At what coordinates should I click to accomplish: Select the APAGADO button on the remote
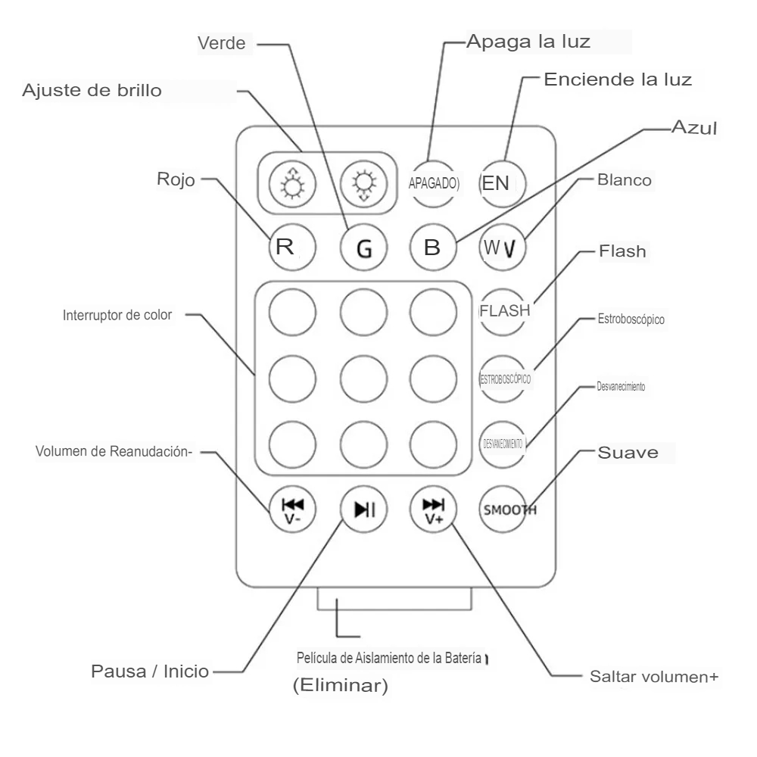point(434,182)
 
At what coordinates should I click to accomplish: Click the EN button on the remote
point(502,182)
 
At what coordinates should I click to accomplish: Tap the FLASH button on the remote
point(504,310)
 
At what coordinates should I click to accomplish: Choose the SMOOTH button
point(505,509)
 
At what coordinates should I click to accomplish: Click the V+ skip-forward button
point(434,508)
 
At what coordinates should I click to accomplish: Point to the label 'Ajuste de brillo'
point(93,91)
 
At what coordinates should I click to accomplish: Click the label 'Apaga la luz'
point(528,40)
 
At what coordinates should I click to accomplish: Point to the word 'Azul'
point(694,128)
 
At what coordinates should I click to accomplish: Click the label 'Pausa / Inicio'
point(150,671)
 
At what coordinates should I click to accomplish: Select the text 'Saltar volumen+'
point(653,675)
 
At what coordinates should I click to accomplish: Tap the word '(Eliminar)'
point(340,687)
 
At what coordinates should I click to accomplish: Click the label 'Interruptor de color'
point(117,316)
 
